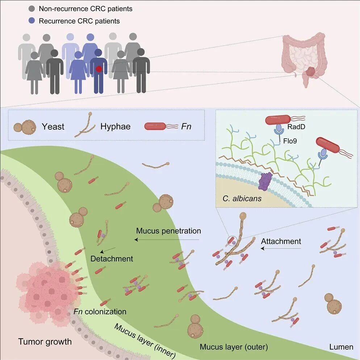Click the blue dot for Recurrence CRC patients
32,21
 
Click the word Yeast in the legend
53,126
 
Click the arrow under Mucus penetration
167,239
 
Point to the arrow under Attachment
281,249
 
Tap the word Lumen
341,347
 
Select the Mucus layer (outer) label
234,347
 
